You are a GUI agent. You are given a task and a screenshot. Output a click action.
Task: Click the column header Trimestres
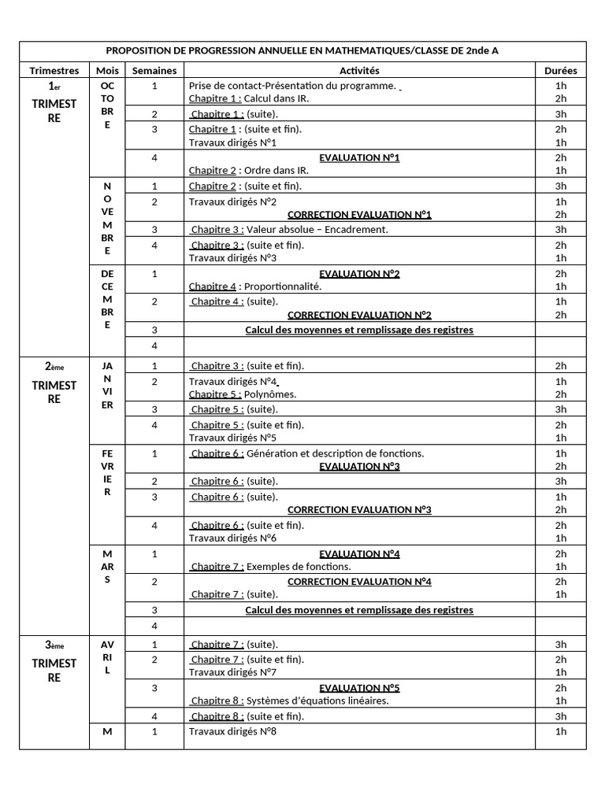[x=54, y=71]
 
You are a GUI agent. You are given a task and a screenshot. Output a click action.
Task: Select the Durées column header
[x=560, y=71]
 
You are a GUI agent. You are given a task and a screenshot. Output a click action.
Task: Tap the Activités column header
[x=359, y=71]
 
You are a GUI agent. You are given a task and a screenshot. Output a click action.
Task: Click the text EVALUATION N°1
[x=359, y=157]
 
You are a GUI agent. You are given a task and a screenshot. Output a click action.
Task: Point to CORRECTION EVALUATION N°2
[x=359, y=315]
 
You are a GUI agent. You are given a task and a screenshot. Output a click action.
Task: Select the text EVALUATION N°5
[x=359, y=688]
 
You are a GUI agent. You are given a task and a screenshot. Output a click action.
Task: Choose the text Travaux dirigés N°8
[x=232, y=731]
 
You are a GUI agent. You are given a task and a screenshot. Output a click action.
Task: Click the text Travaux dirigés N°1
[x=232, y=142]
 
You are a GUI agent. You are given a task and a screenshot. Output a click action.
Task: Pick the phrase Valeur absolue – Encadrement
[x=317, y=230]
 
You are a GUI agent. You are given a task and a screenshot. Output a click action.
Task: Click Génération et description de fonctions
[x=335, y=453]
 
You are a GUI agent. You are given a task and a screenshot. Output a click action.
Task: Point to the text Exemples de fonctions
[x=299, y=567]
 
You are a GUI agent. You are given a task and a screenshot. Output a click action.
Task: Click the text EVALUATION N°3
[x=359, y=466]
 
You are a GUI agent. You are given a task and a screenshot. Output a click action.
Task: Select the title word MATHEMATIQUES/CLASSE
[x=353, y=50]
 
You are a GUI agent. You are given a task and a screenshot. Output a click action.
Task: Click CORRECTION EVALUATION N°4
[x=359, y=582]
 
